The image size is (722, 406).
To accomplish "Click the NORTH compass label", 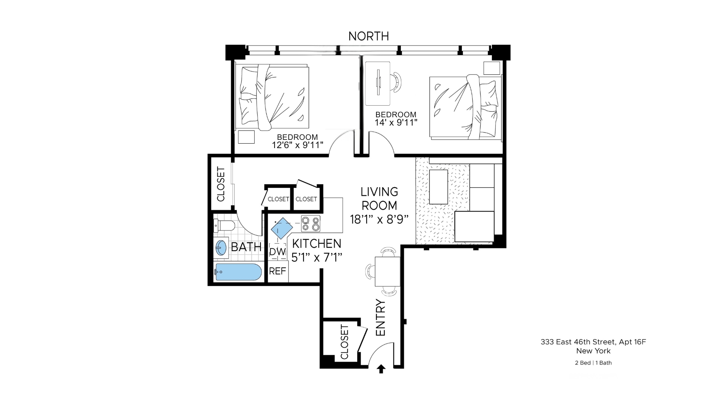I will (368, 36).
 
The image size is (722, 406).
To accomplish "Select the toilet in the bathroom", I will (225, 226).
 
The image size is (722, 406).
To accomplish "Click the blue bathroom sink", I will (221, 248).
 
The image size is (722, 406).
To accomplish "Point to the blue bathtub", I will (238, 272).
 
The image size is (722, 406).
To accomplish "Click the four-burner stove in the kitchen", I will (311, 224).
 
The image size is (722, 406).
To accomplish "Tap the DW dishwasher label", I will (278, 252).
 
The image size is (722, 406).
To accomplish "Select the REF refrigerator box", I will (278, 271).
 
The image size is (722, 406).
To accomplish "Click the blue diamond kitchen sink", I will (282, 228).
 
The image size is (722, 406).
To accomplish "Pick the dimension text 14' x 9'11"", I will (396, 123).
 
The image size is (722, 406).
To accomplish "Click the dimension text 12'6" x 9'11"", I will (297, 145).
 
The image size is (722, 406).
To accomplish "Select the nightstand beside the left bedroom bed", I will (246, 137).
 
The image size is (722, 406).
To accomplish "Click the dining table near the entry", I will (387, 271).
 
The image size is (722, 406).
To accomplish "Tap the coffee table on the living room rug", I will (438, 187).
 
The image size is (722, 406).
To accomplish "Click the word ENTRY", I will (381, 318).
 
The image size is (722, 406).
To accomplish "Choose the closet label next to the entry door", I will (344, 342).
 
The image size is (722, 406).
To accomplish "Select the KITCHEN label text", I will (316, 244).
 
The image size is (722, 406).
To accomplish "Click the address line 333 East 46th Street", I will (593, 342).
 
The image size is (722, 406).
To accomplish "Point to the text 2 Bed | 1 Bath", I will (593, 363).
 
